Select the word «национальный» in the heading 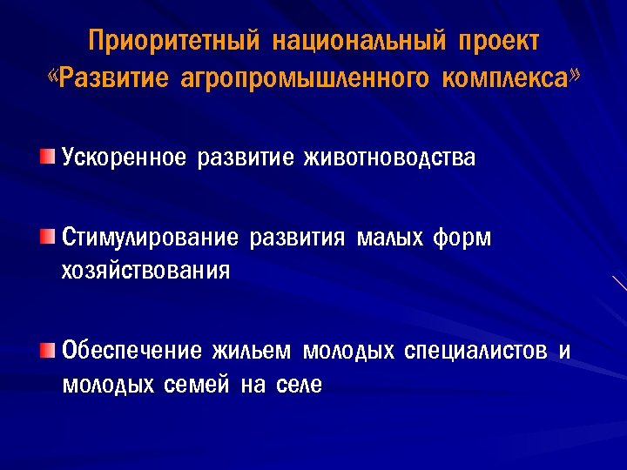pos(359,42)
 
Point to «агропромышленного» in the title pos(305,79)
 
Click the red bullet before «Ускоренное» pos(46,156)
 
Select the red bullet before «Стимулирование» pos(46,235)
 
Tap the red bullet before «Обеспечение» pos(46,349)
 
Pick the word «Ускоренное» pos(124,158)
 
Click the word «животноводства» pos(388,158)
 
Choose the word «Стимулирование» pos(150,238)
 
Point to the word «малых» pos(389,238)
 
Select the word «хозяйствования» pos(145,271)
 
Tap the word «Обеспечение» pos(131,352)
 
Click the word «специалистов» pos(476,352)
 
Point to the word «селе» pos(300,385)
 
